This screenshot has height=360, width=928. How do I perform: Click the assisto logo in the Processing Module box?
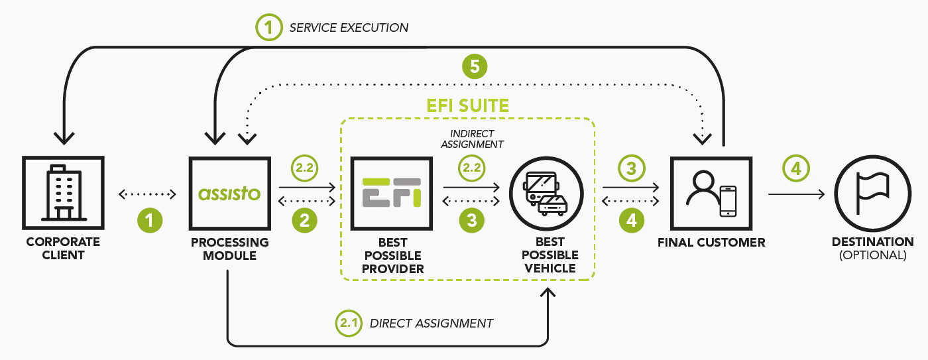click(x=229, y=194)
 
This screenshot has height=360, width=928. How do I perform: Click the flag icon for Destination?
click(x=872, y=194)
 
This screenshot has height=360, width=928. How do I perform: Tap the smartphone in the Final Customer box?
click(x=728, y=201)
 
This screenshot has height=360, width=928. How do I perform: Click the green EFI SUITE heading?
click(x=467, y=105)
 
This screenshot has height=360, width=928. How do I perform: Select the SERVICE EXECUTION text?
click(x=349, y=28)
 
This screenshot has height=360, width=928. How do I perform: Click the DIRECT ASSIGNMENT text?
click(x=431, y=324)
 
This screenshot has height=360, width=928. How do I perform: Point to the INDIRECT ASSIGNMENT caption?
click(x=472, y=139)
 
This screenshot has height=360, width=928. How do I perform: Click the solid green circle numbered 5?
click(x=475, y=66)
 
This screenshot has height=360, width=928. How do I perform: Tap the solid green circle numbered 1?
click(x=149, y=220)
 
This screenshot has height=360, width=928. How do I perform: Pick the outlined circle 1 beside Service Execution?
click(x=268, y=28)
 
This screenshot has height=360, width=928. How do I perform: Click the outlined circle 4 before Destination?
click(x=795, y=168)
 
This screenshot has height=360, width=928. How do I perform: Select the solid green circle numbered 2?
click(x=304, y=220)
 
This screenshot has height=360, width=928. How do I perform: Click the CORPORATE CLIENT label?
click(x=63, y=248)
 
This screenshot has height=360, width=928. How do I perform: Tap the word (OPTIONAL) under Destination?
click(x=872, y=255)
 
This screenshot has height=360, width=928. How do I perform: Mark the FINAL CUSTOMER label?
click(x=711, y=243)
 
